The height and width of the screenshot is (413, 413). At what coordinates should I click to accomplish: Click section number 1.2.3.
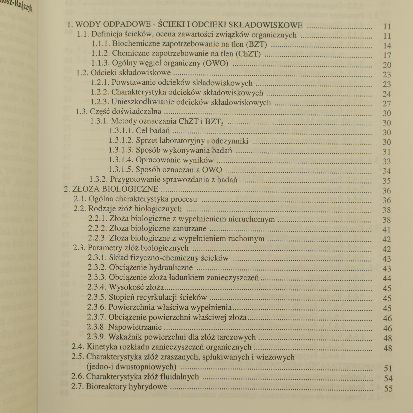pyautogui.click(x=100, y=102)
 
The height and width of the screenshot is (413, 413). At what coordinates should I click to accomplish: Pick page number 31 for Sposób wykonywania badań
pyautogui.click(x=387, y=152)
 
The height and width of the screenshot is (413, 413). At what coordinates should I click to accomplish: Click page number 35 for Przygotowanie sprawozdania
pyautogui.click(x=387, y=181)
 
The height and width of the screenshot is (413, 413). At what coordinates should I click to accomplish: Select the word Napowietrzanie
pyautogui.click(x=135, y=327)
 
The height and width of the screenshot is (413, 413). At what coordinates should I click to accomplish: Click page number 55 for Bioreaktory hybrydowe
pyautogui.click(x=388, y=388)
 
